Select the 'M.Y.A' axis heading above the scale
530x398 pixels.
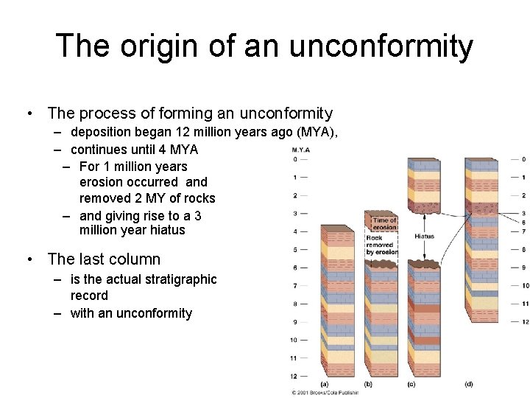pos(300,150)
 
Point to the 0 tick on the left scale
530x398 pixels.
pos(294,159)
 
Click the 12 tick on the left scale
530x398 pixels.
pos(292,376)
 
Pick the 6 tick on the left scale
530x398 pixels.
pos(294,268)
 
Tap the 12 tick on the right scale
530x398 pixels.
pos(524,322)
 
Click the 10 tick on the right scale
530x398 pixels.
pos(524,285)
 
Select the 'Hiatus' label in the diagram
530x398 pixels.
pos(424,237)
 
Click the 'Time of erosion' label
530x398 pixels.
pos(384,223)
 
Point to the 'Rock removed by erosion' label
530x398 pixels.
pos(381,245)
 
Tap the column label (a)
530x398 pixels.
pos(325,384)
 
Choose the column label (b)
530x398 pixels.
pos(367,384)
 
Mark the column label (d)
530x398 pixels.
pos(469,384)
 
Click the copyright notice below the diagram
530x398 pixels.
pos(324,393)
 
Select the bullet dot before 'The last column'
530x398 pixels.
pos(28,259)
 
